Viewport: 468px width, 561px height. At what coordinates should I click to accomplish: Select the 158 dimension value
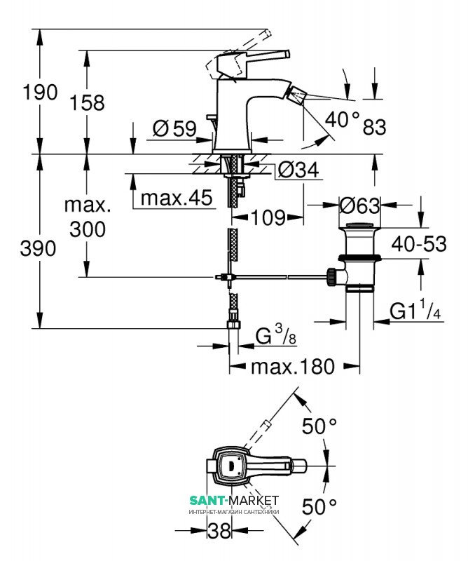87,102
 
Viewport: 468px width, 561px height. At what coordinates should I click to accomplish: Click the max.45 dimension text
176,199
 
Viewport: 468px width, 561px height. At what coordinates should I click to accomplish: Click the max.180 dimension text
294,366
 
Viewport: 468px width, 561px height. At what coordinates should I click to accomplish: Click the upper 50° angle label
319,426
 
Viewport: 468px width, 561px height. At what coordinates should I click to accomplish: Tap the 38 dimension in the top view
219,532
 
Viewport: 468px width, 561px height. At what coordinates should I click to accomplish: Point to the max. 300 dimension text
87,217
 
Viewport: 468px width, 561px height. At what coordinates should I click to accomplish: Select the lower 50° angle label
319,505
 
